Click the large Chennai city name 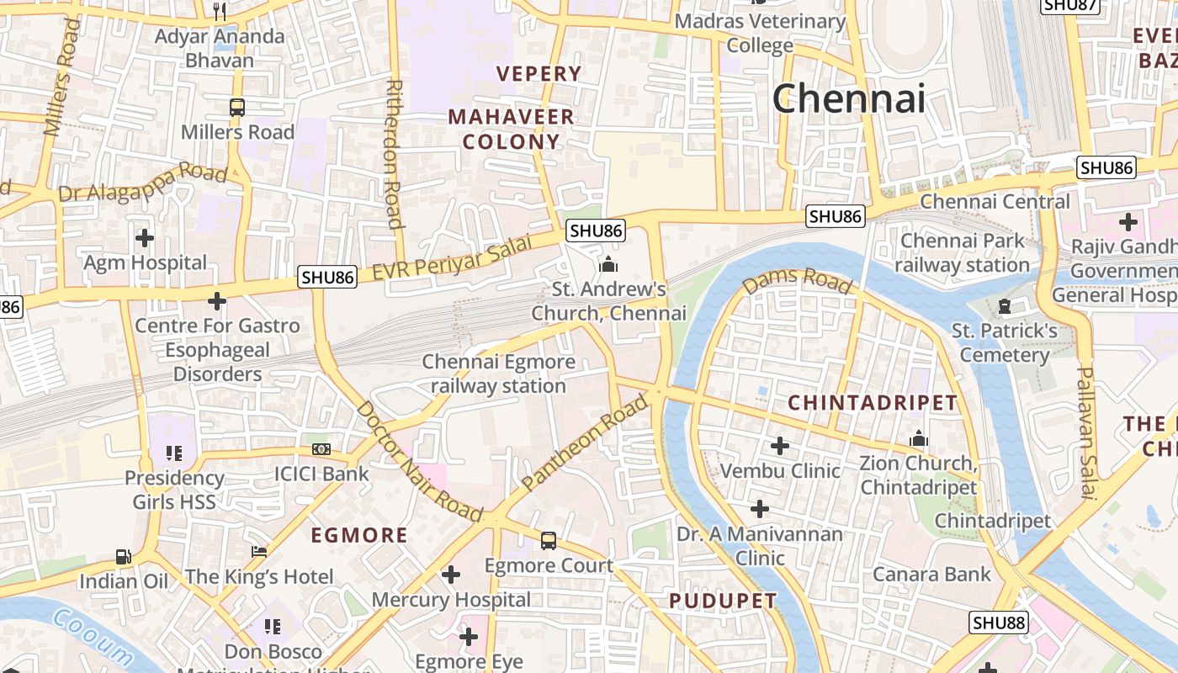(848, 98)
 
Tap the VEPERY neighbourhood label (539, 74)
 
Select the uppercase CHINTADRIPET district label (873, 403)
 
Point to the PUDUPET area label (723, 601)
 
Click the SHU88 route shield (999, 623)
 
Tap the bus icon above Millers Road (237, 108)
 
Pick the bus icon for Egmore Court (549, 541)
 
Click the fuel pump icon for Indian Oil (124, 557)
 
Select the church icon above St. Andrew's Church (608, 265)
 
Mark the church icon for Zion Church (918, 439)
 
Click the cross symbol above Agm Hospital (145, 238)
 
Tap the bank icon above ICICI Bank (321, 449)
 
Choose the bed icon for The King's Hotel (259, 552)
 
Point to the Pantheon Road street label (586, 442)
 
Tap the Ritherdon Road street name (393, 154)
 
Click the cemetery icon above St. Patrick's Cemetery (1004, 306)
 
